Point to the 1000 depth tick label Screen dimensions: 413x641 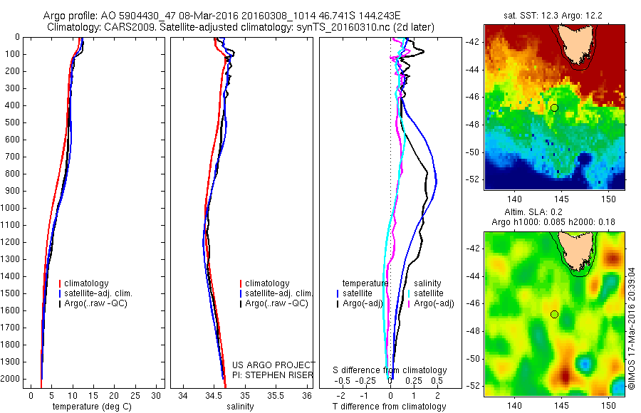coord(12,208)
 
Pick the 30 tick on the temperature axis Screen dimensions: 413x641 coord(157,395)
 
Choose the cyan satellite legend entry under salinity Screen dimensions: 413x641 coord(428,293)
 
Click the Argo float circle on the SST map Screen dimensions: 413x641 coord(554,108)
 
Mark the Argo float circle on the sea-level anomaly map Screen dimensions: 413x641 coord(554,314)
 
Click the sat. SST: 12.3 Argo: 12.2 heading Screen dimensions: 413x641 coord(554,15)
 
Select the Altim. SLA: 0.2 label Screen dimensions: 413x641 coord(554,213)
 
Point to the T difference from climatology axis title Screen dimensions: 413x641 coord(390,407)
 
